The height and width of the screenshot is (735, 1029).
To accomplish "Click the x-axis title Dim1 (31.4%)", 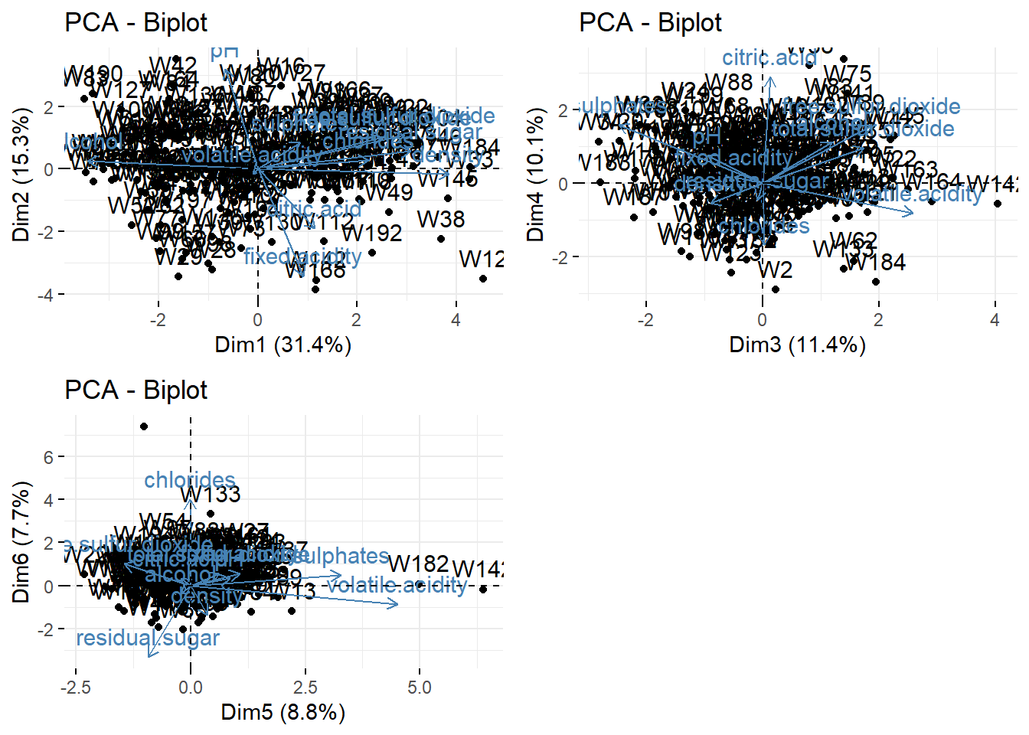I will click(x=283, y=345).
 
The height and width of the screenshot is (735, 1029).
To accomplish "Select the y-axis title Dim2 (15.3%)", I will click(x=21, y=175).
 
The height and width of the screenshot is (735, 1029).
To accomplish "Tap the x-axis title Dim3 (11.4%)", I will click(x=797, y=345).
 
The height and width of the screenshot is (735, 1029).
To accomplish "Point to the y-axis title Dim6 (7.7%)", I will click(x=21, y=542).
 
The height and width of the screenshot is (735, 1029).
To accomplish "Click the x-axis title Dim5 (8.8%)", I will click(x=283, y=712).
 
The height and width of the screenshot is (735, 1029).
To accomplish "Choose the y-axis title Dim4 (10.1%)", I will click(x=535, y=175).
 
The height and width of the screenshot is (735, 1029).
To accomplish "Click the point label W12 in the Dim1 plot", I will click(x=481, y=260).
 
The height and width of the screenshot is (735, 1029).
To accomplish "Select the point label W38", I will click(x=441, y=220).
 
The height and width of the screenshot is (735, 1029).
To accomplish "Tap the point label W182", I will click(x=418, y=564).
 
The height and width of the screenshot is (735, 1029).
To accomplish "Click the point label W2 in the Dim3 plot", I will click(x=775, y=269).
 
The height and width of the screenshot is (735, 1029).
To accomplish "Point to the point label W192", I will click(x=372, y=233).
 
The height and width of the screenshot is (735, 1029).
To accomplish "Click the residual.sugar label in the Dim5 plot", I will click(x=148, y=638).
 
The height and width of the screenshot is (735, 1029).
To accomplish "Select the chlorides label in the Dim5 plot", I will click(x=190, y=480).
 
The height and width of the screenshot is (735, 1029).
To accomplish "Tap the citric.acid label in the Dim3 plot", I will click(x=769, y=58).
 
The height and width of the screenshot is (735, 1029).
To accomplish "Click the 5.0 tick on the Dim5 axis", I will click(x=419, y=688).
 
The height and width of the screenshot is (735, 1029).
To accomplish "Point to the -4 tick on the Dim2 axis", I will click(x=47, y=295).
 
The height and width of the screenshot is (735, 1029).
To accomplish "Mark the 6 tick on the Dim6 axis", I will click(x=49, y=457).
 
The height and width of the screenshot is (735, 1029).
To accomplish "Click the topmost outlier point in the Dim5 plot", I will click(x=144, y=426).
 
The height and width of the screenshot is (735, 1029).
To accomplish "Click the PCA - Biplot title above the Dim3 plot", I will click(x=650, y=23).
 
